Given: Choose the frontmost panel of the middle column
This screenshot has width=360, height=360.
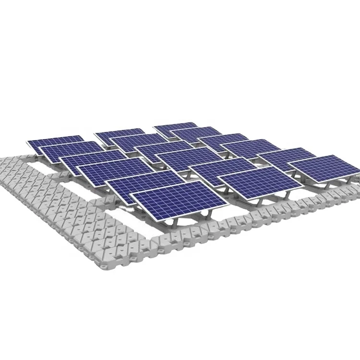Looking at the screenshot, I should pos(260,184).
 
